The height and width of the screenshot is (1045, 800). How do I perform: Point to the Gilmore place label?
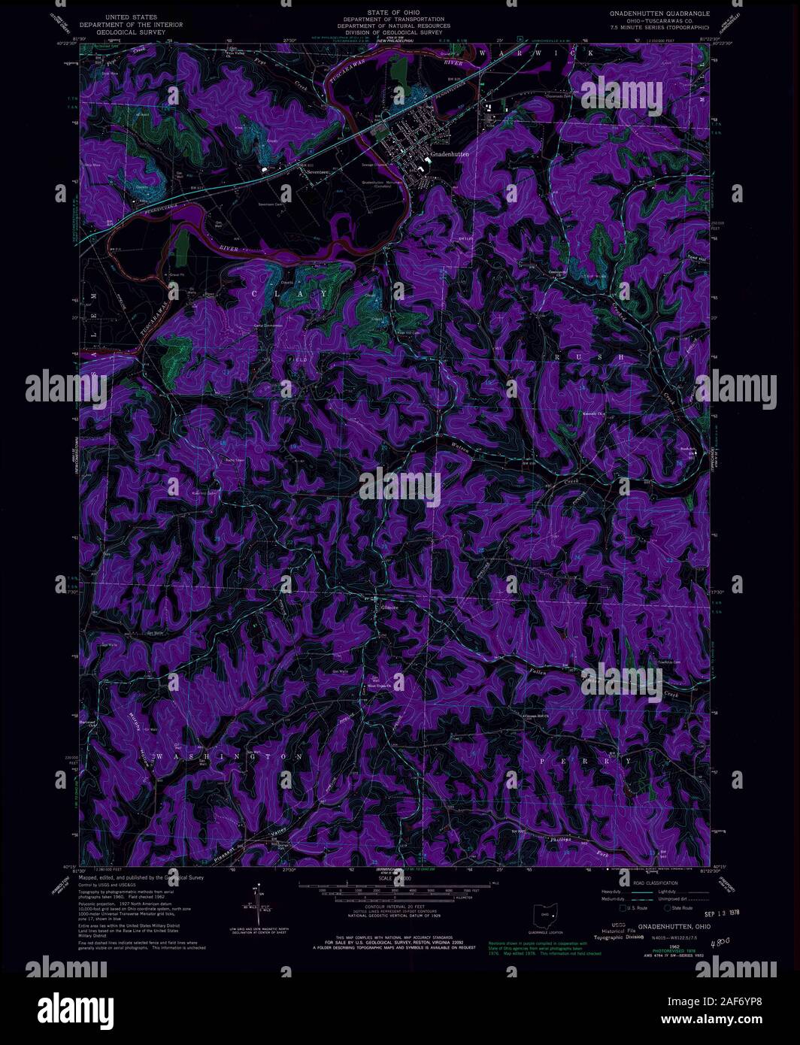pos(389,607)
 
